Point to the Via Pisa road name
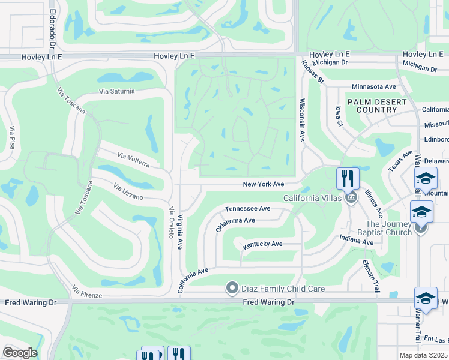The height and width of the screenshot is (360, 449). click(12, 138)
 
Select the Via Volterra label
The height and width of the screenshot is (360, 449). click(137, 160)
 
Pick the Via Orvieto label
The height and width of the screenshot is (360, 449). click(172, 223)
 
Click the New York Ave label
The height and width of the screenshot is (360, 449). click(263, 184)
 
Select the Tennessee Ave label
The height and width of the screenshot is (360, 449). click(247, 208)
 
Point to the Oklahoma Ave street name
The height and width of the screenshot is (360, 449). click(236, 224)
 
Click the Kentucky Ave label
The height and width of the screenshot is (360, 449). click(262, 245)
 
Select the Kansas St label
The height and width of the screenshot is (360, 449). click(313, 72)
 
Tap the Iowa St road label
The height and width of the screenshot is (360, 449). click(339, 115)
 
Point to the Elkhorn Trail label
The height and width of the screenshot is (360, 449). click(370, 275)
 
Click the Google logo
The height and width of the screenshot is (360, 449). click(20, 353)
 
